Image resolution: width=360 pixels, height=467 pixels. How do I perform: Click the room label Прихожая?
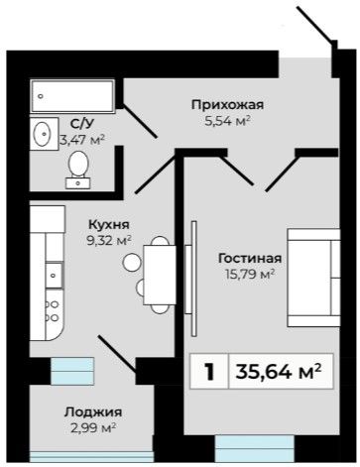point(228,105)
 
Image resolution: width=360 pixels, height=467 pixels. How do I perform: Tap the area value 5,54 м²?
point(227,121)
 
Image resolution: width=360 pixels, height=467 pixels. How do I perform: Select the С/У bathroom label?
point(82,123)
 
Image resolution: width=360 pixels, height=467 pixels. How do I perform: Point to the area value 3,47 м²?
point(82,140)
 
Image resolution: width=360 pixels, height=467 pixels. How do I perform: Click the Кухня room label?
point(109,225)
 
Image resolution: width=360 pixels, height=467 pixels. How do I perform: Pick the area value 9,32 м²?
point(109,241)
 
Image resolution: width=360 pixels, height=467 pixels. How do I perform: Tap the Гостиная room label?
point(250,258)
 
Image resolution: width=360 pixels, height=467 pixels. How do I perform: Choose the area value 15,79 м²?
point(249,274)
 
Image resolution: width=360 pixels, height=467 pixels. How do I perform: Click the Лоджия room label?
point(93,412)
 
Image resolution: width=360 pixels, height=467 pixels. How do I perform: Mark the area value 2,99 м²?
point(93,428)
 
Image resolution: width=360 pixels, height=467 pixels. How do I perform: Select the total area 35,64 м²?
point(279,372)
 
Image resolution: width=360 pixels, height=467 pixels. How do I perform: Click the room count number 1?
point(209,372)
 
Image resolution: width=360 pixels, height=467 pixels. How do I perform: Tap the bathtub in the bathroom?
point(72,96)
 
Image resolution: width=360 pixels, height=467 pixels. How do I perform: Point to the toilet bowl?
point(78,170)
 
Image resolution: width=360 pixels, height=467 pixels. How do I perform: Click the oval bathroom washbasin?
point(42,134)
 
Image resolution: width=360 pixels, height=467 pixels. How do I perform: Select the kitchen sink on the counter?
point(54,275)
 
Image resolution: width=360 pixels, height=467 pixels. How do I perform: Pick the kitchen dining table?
point(160,275)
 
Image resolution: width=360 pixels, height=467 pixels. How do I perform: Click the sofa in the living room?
point(313,278)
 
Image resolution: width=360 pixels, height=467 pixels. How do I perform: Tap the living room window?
point(255,448)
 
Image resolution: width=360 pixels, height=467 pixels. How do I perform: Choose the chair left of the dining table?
point(132,263)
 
